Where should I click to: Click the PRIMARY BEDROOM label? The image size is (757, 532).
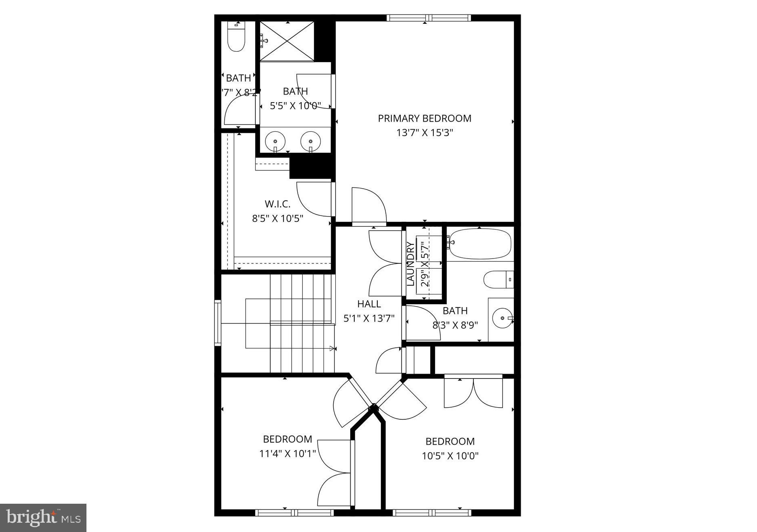click(425, 118)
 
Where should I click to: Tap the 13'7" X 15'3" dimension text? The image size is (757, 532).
click(425, 133)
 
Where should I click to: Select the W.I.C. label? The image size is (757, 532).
click(278, 204)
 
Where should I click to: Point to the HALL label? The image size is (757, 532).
click(369, 304)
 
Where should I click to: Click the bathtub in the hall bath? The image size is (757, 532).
click(479, 244)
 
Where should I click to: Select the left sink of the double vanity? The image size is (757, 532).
click(275, 141)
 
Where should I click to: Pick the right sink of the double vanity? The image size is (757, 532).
click(311, 141)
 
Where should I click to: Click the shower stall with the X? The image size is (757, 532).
click(287, 41)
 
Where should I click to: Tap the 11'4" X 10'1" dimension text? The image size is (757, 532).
click(288, 454)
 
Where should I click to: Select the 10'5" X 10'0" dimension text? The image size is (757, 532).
click(450, 456)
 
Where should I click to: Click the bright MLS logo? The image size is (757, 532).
click(43, 517)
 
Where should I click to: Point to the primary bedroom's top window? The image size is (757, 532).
click(429, 18)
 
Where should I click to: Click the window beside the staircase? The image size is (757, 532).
click(218, 323)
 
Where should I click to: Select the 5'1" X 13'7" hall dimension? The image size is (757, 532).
click(369, 318)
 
